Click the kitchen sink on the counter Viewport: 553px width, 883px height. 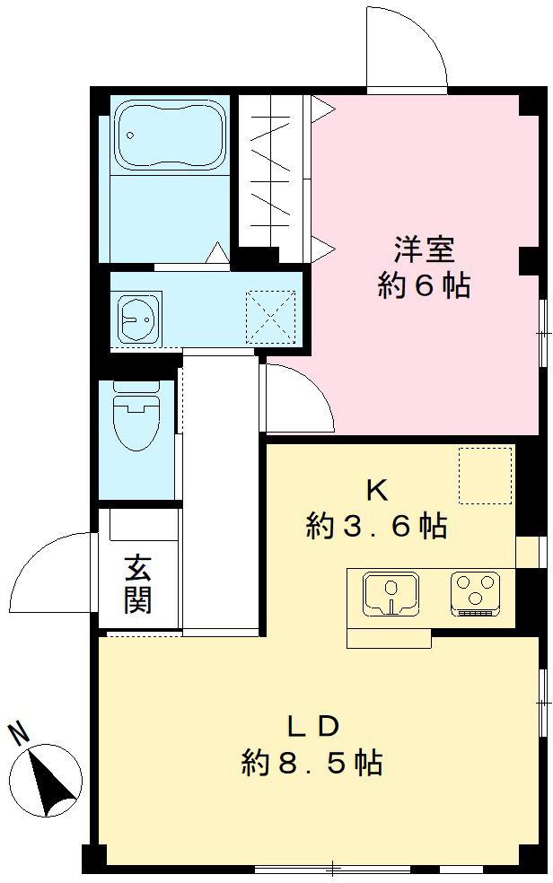pos(391,593)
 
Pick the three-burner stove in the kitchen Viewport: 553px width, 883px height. pos(477,593)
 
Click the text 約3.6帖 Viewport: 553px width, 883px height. pos(376,527)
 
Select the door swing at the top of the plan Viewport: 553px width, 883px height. pos(407,49)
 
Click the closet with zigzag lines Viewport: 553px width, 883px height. pos(273,175)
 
